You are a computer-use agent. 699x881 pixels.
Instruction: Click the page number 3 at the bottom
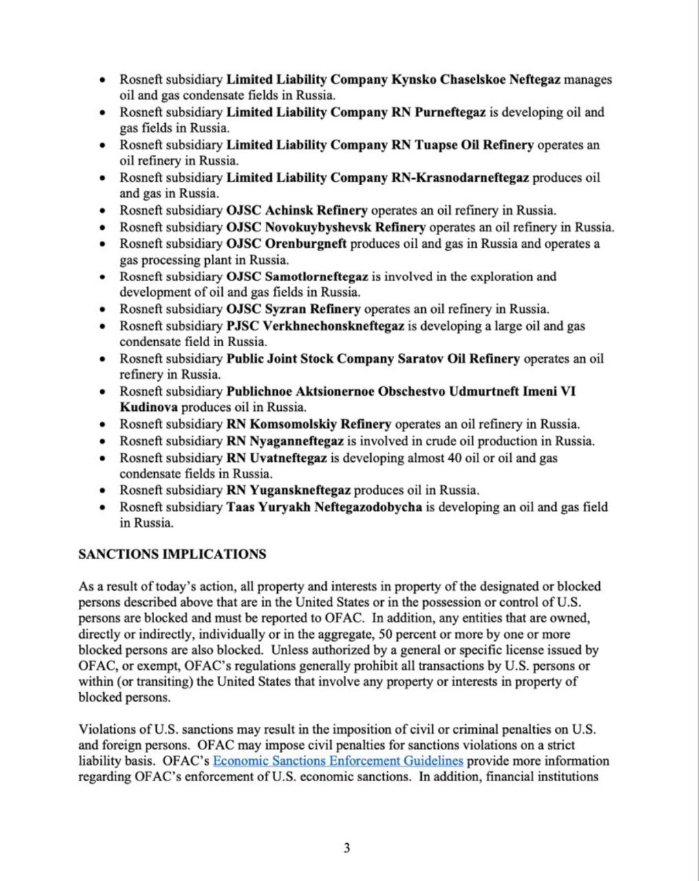point(347,848)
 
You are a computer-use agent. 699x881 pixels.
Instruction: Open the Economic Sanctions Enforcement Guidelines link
point(338,761)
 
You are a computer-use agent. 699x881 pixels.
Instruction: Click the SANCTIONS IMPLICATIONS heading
point(172,554)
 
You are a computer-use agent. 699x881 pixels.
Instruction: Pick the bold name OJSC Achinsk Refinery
point(297,210)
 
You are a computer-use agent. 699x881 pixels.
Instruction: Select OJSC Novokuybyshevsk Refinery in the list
point(326,227)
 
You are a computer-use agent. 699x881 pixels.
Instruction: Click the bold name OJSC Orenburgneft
point(286,244)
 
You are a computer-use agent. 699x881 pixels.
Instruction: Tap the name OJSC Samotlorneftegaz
point(297,277)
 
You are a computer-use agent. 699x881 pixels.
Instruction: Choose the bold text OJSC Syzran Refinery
point(293,309)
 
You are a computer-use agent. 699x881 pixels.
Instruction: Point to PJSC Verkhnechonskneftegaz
point(315,326)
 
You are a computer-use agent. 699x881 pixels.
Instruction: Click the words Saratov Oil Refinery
point(459,359)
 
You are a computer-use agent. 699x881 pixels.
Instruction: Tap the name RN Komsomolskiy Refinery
point(308,424)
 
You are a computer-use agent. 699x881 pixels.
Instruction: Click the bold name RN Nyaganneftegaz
point(285,441)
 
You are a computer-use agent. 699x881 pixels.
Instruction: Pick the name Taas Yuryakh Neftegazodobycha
point(324,507)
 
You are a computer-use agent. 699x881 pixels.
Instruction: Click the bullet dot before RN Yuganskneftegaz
point(103,491)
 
